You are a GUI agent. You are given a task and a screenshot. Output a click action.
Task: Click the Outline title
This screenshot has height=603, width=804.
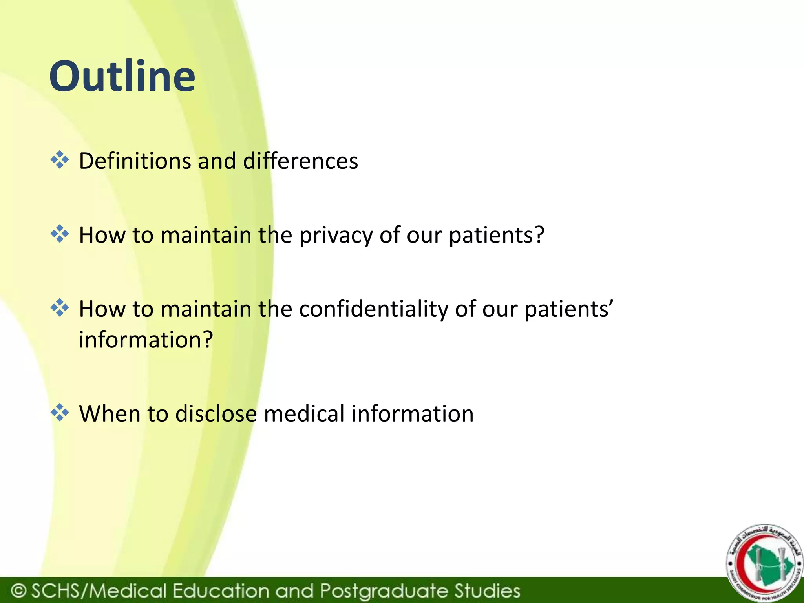click(122, 76)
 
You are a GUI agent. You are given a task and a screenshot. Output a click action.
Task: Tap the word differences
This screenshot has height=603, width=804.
click(300, 161)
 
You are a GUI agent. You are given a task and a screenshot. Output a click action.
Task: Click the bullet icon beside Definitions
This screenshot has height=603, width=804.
click(60, 160)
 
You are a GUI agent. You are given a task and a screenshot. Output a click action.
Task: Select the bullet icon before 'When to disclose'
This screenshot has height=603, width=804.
click(60, 413)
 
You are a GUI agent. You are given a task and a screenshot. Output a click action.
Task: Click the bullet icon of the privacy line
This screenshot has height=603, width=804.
click(60, 234)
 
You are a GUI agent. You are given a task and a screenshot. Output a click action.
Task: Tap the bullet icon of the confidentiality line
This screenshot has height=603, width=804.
click(60, 308)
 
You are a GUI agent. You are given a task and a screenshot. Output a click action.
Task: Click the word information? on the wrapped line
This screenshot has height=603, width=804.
click(146, 340)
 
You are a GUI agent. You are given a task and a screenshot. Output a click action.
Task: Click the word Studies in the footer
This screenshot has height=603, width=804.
click(487, 590)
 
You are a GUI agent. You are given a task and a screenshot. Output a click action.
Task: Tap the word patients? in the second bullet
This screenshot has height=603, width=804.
click(497, 236)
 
